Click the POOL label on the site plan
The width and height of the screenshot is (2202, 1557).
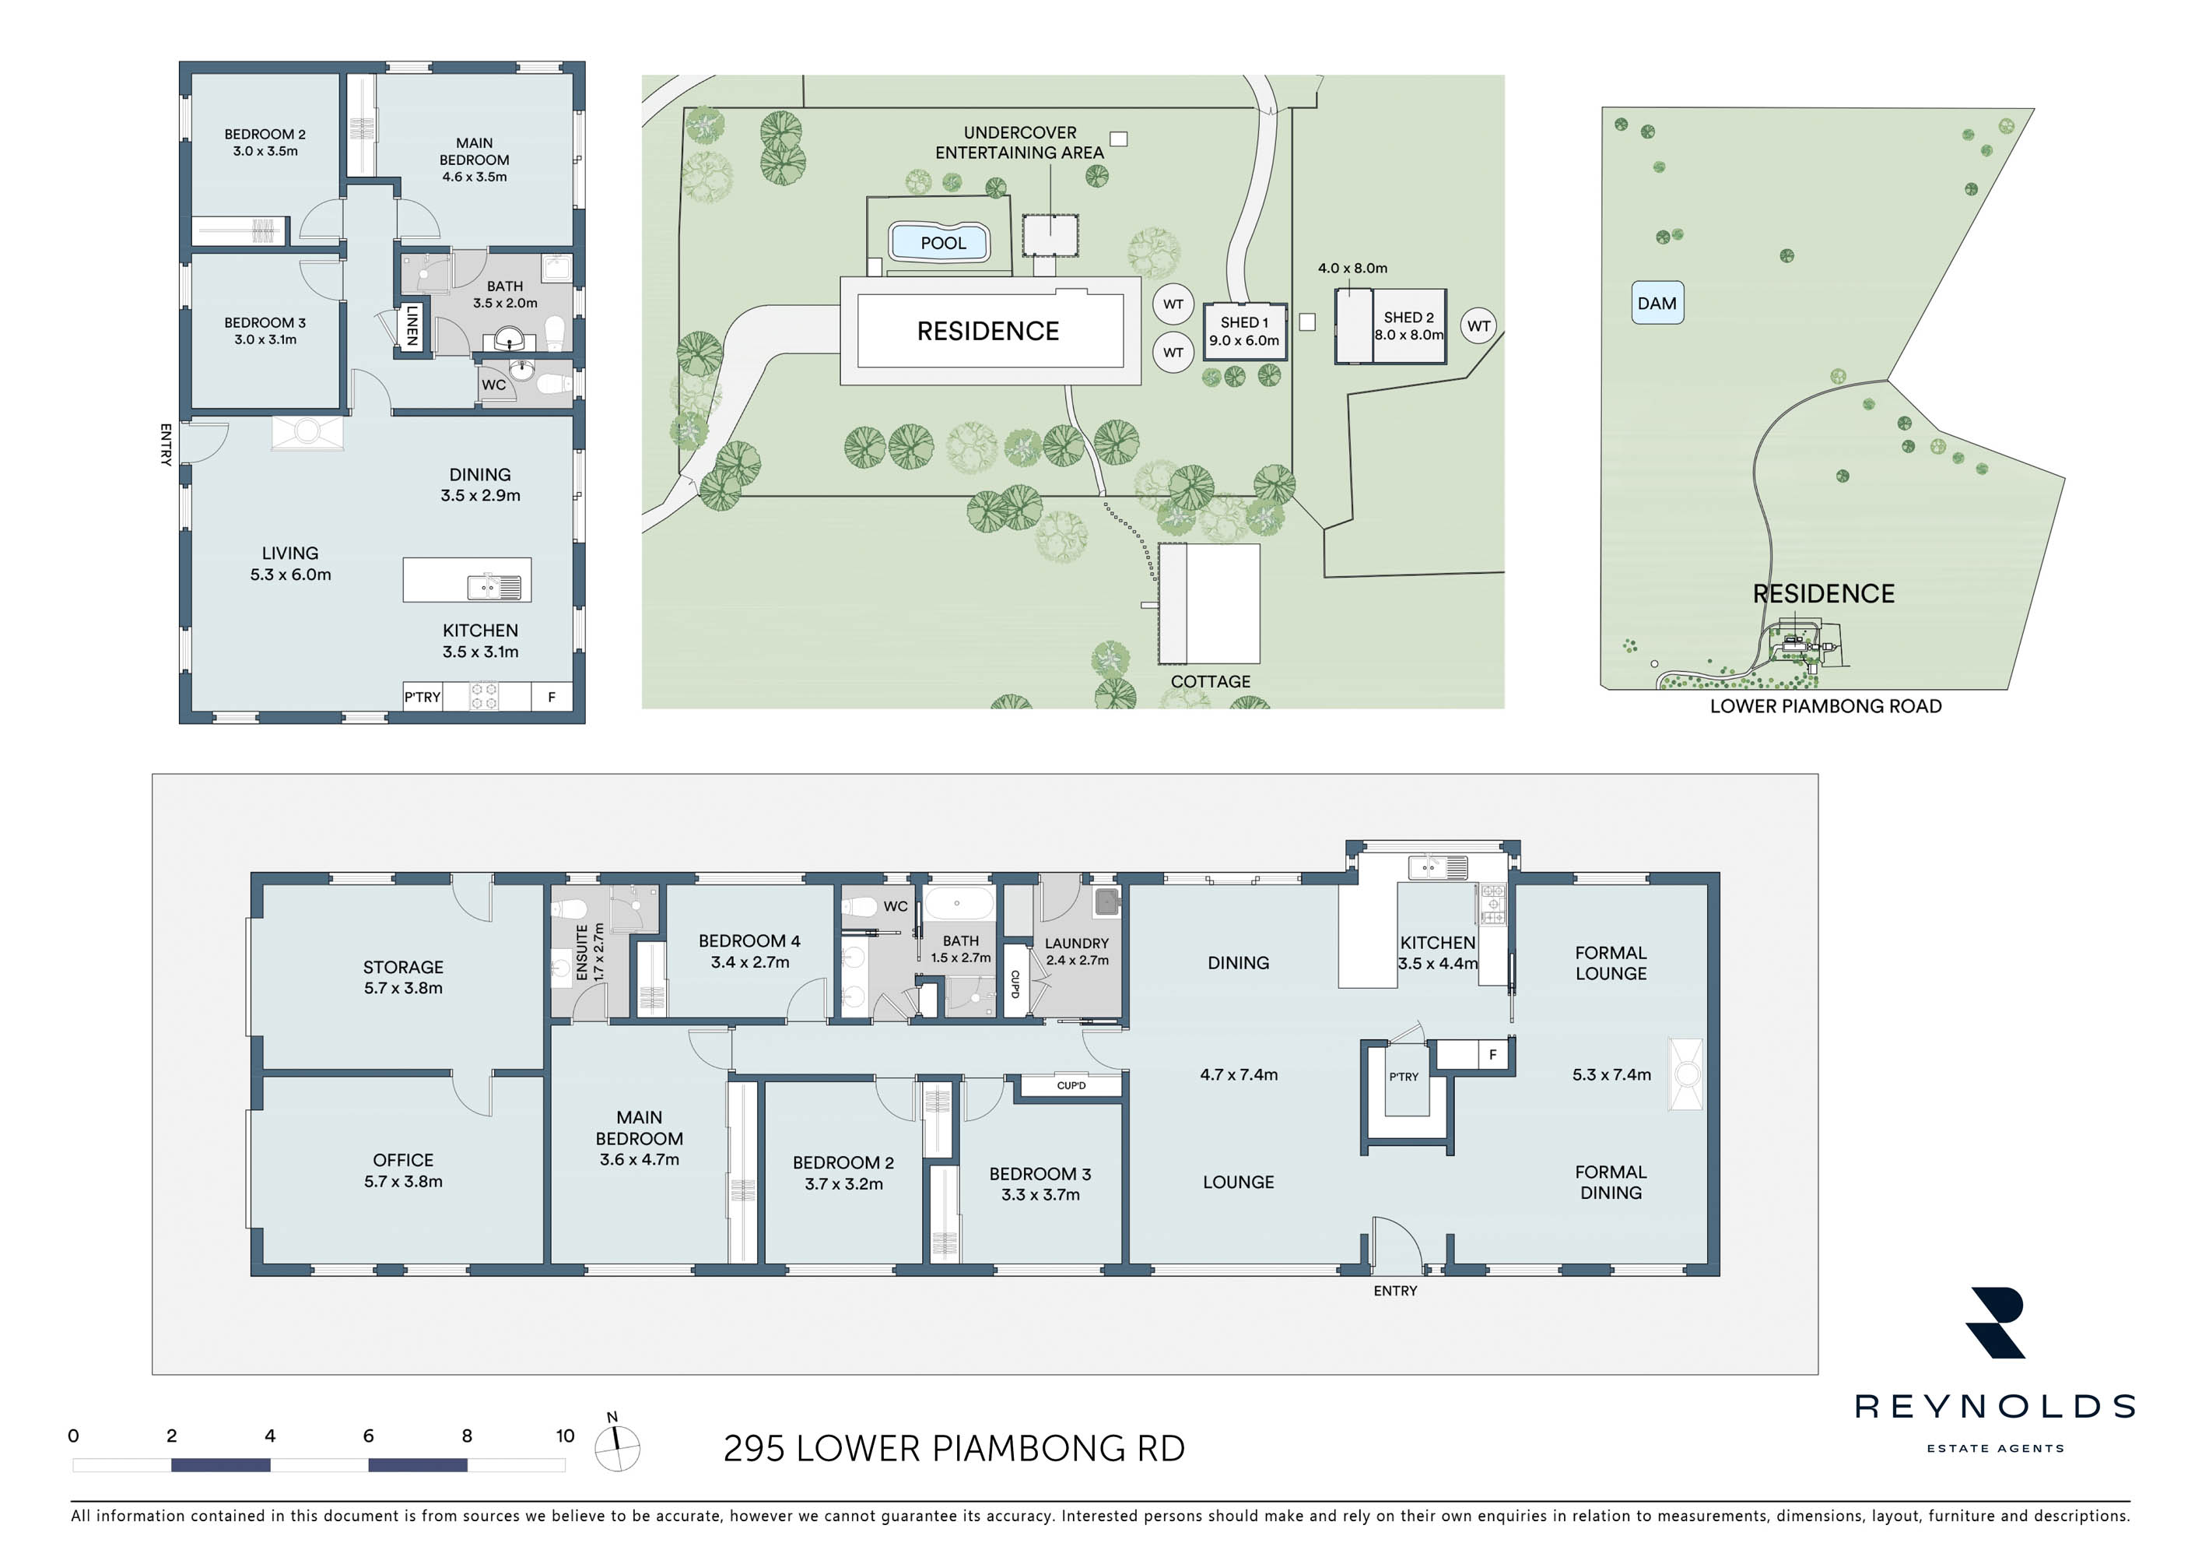click(x=943, y=243)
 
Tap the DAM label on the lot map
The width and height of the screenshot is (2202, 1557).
click(x=1657, y=303)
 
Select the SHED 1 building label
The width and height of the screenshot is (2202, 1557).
click(x=1244, y=322)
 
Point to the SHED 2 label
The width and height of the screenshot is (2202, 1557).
click(x=1408, y=318)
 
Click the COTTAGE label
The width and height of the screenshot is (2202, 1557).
click(x=1211, y=681)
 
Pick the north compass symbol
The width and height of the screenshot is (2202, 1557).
click(x=617, y=1446)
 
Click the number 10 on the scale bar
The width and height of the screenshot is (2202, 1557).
click(x=565, y=1435)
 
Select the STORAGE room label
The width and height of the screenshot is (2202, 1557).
click(x=403, y=967)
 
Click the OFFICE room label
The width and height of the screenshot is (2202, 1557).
click(x=403, y=1160)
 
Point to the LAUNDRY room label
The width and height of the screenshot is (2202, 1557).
click(x=1076, y=943)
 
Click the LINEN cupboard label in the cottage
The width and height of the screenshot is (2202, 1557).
click(x=412, y=325)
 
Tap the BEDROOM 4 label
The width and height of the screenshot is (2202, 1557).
click(x=749, y=941)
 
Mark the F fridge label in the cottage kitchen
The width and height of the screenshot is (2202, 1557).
click(x=552, y=698)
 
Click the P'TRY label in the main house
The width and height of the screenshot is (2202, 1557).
click(x=1403, y=1077)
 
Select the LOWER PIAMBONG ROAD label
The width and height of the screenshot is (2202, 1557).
click(x=1825, y=706)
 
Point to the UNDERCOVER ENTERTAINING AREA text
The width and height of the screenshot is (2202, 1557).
click(x=1019, y=142)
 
